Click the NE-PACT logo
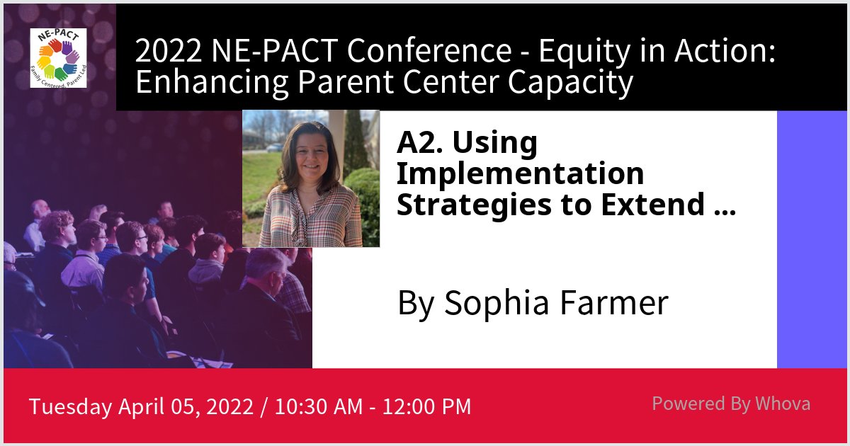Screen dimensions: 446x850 point(58,57)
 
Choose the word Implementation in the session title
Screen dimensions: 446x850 point(521,173)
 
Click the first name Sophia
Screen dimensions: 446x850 point(495,303)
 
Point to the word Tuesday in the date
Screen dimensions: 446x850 point(70,407)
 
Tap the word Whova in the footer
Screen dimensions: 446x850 point(783,404)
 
